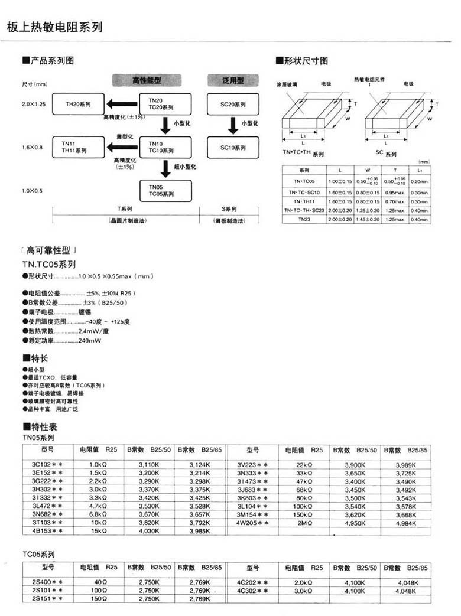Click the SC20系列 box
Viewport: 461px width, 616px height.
click(x=233, y=105)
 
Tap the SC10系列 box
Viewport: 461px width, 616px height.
click(x=233, y=147)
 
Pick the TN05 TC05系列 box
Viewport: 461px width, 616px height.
click(x=165, y=190)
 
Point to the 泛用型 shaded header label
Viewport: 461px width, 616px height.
click(x=233, y=80)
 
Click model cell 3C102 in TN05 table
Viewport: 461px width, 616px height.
click(x=47, y=465)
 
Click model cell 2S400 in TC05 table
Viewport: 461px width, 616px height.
click(x=47, y=582)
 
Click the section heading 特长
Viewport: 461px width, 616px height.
click(x=38, y=358)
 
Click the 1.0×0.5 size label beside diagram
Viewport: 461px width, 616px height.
click(x=33, y=190)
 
